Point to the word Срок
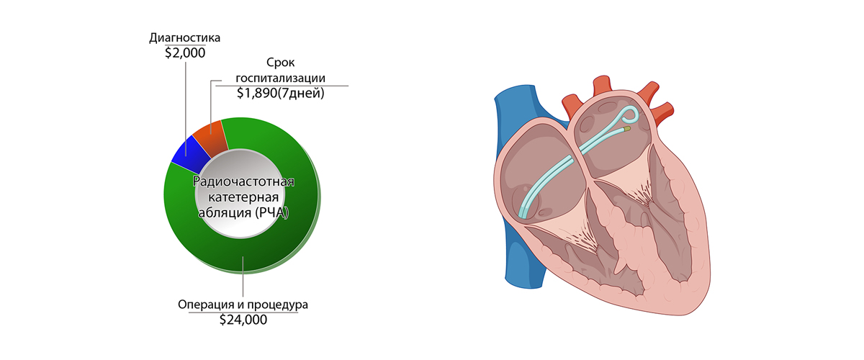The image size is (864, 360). (282, 64)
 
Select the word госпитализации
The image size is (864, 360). (282, 78)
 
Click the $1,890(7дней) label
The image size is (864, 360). (282, 93)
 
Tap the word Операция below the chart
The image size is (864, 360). (205, 305)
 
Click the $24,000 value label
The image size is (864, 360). (243, 319)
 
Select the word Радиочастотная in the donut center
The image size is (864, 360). (245, 181)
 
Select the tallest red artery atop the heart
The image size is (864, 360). (600, 85)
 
